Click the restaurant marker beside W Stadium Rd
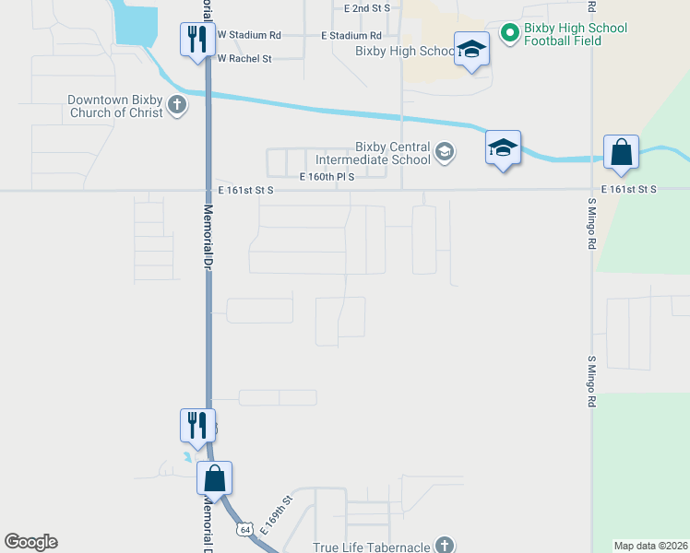(197, 41)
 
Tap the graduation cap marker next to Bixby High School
(471, 51)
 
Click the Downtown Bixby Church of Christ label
(114, 106)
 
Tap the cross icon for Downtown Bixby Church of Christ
(177, 106)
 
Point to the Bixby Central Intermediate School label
(393, 153)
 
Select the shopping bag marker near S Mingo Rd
(622, 154)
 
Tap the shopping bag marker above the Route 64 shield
(214, 479)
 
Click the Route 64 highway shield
(244, 530)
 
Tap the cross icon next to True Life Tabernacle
(445, 546)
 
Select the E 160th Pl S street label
(327, 177)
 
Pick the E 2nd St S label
(367, 7)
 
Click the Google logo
(30, 542)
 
